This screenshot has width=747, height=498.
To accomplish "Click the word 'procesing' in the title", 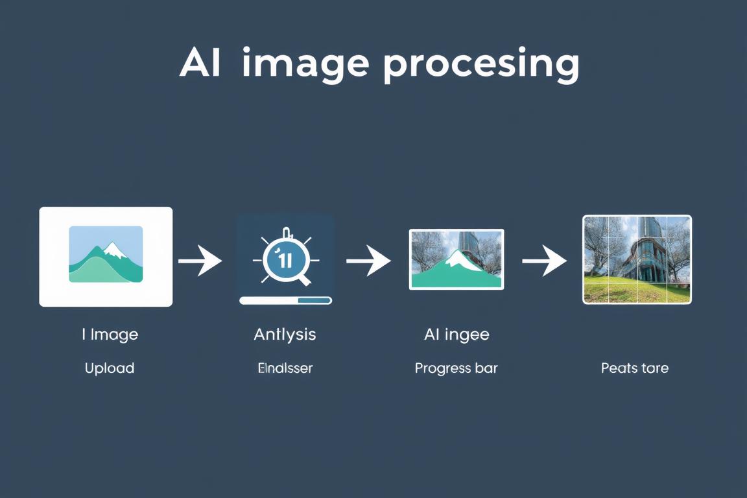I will tap(480, 65).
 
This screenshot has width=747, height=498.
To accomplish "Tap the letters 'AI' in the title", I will tap(200, 62).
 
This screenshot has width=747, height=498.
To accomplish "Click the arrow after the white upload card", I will tap(200, 261).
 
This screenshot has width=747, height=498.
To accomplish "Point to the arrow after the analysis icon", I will tap(368, 261).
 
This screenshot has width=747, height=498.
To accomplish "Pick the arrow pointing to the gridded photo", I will tap(544, 261).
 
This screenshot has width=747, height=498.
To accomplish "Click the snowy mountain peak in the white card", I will tap(113, 249).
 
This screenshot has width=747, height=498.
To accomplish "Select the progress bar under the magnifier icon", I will tap(285, 300).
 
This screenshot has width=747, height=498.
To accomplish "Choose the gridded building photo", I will tap(637, 259).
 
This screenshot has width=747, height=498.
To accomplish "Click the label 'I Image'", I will tap(110, 335).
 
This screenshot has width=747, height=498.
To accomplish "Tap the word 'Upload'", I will tap(110, 368).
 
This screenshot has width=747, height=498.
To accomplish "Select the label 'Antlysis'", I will tap(285, 335).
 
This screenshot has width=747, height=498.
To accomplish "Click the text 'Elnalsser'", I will tap(285, 368).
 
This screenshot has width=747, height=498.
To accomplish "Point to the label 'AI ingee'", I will tap(456, 335).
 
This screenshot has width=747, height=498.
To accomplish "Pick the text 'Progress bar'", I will tap(456, 368).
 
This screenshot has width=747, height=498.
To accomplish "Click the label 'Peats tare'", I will tap(634, 368).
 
